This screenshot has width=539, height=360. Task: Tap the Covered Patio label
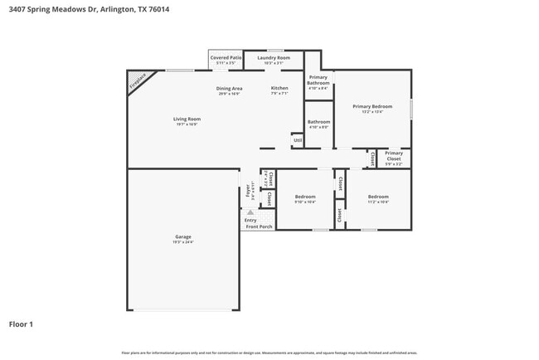[226, 57]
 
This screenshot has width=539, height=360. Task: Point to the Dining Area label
[230, 88]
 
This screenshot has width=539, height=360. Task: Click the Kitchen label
[280, 88]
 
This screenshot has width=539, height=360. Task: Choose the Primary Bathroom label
[318, 80]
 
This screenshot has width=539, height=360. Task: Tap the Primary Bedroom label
[371, 106]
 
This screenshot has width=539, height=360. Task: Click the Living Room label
[187, 119]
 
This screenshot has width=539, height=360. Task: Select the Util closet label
[298, 140]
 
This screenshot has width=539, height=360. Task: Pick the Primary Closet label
[394, 155]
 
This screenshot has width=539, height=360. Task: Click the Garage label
[182, 236]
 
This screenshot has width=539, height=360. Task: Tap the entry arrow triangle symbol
[250, 212]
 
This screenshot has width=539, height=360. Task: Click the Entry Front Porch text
[257, 223]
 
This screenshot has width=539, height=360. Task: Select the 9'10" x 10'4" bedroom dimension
[305, 202]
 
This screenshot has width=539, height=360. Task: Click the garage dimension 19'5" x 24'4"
[182, 242]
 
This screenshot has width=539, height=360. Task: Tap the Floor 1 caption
[21, 324]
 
